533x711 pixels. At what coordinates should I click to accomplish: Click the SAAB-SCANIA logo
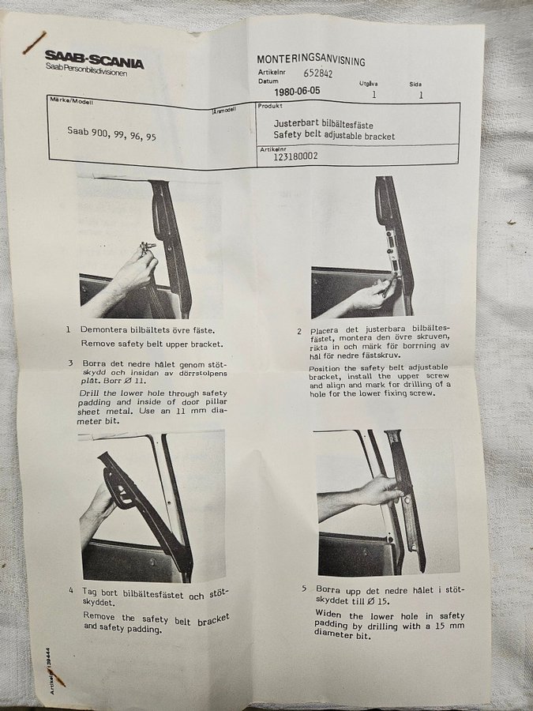tap(94, 60)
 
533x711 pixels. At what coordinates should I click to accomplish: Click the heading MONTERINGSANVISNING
tap(311, 60)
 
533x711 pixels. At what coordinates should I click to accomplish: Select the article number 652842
tap(317, 73)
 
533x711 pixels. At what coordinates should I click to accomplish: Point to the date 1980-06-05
tap(297, 91)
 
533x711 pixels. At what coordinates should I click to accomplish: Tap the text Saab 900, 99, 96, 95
tap(111, 134)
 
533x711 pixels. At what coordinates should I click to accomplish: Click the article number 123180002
tap(295, 156)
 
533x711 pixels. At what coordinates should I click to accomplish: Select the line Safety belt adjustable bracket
tap(334, 136)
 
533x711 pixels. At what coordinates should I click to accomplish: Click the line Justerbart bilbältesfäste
tap(323, 124)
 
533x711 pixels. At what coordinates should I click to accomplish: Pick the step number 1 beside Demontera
tap(69, 329)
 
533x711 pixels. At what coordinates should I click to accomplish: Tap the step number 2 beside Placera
tap(299, 332)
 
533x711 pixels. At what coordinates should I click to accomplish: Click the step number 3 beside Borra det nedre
tap(71, 363)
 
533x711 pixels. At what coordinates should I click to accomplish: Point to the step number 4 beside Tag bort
tap(71, 591)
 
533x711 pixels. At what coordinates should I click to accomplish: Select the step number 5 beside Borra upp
tap(305, 589)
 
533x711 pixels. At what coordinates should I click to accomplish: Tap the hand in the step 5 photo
tap(380, 491)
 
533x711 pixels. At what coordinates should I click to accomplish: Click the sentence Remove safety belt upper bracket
tap(152, 344)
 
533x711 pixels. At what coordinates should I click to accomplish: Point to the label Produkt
tap(270, 106)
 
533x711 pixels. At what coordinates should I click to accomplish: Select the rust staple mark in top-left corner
tap(35, 43)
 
